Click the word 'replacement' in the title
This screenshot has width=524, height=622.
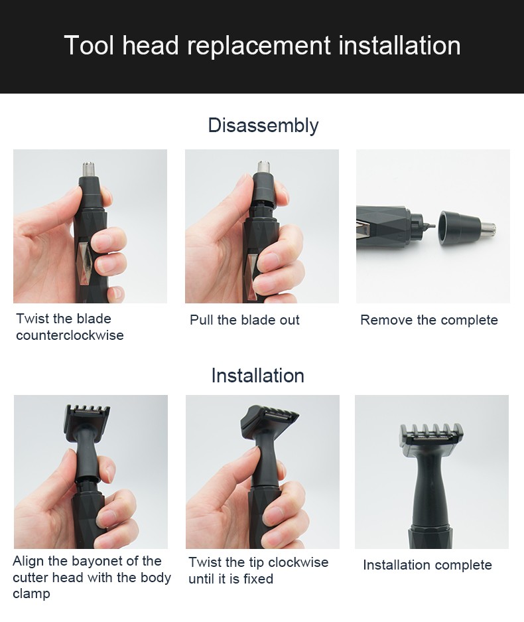(x=259, y=46)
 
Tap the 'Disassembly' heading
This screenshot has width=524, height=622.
(x=263, y=125)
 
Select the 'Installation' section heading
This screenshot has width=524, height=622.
(x=257, y=376)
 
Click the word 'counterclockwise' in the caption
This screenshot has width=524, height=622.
(x=70, y=335)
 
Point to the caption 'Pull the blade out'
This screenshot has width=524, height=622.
(x=244, y=320)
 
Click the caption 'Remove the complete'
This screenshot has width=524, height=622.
(x=428, y=320)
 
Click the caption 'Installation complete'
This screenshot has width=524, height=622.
(x=427, y=565)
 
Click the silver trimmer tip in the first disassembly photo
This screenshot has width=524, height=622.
(x=88, y=169)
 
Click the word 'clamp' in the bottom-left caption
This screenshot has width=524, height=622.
(x=31, y=593)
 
